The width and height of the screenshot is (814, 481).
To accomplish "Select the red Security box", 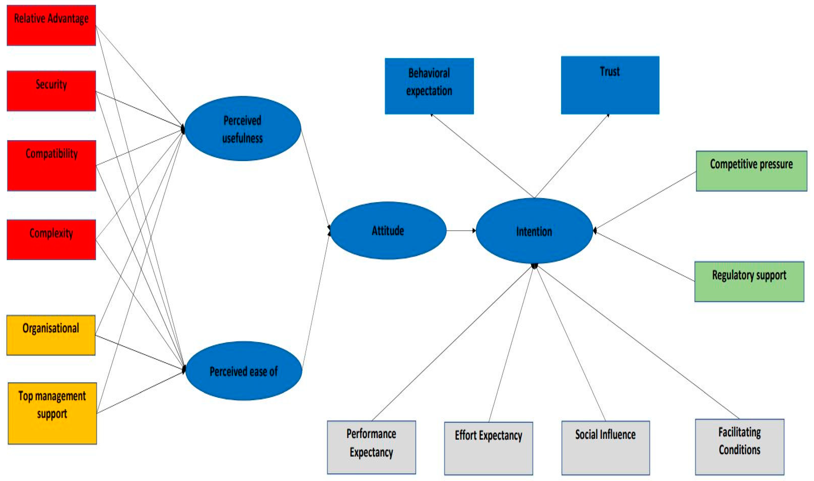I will coord(51,91).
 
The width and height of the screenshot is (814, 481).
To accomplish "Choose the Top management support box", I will coord(52,413).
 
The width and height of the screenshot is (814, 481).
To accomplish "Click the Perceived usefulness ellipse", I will coord(243,129).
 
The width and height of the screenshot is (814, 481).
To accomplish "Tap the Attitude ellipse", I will coord(388,231).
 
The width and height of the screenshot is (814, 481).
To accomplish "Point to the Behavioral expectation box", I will coord(429,86).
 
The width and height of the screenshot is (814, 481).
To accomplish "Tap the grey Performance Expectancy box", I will coord(371,447).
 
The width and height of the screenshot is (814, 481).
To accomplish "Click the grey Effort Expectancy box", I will coord(488,448).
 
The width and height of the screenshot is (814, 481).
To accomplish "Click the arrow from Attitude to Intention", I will coord(461,231).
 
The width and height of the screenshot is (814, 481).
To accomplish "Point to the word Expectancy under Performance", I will coord(371,452).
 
